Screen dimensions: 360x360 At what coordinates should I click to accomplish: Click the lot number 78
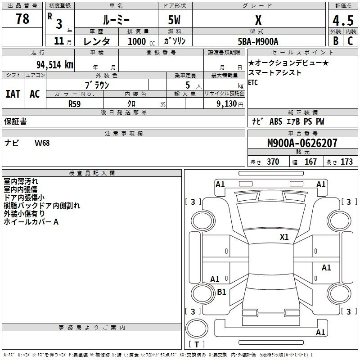pyautogui.click(x=22, y=19)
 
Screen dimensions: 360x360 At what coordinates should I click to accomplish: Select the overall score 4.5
pyautogui.click(x=343, y=20)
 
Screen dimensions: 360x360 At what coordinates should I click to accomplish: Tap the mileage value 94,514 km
pyautogui.click(x=55, y=65)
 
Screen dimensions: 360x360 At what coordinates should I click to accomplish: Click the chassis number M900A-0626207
pyautogui.click(x=302, y=143)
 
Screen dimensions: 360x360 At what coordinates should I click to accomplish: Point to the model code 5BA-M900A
pyautogui.click(x=258, y=41)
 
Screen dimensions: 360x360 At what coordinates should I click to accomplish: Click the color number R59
pyautogui.click(x=75, y=104)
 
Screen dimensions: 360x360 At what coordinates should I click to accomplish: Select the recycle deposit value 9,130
pyautogui.click(x=227, y=104)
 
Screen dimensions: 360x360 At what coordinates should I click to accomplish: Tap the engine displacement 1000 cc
pyautogui.click(x=141, y=41)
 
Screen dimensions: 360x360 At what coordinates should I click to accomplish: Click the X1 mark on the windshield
pyautogui.click(x=284, y=237)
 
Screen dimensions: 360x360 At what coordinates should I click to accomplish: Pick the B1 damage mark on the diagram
pyautogui.click(x=221, y=292)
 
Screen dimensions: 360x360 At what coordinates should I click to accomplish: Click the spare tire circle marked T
pyautogui.click(x=197, y=328)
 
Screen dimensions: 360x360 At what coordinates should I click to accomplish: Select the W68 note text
pyautogui.click(x=42, y=143)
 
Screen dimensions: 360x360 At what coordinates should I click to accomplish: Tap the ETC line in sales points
pyautogui.click(x=253, y=82)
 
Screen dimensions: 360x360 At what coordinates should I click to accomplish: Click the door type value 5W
pyautogui.click(x=174, y=20)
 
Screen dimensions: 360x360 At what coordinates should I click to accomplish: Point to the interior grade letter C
pyautogui.click(x=350, y=41)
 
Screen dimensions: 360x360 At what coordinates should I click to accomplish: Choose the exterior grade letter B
pyautogui.click(x=336, y=41)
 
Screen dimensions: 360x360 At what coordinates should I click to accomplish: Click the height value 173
pyautogui.click(x=346, y=162)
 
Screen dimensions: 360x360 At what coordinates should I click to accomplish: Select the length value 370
pyautogui.click(x=273, y=162)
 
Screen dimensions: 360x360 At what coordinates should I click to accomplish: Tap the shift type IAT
pyautogui.click(x=13, y=94)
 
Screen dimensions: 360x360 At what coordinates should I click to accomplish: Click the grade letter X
pyautogui.click(x=258, y=20)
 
